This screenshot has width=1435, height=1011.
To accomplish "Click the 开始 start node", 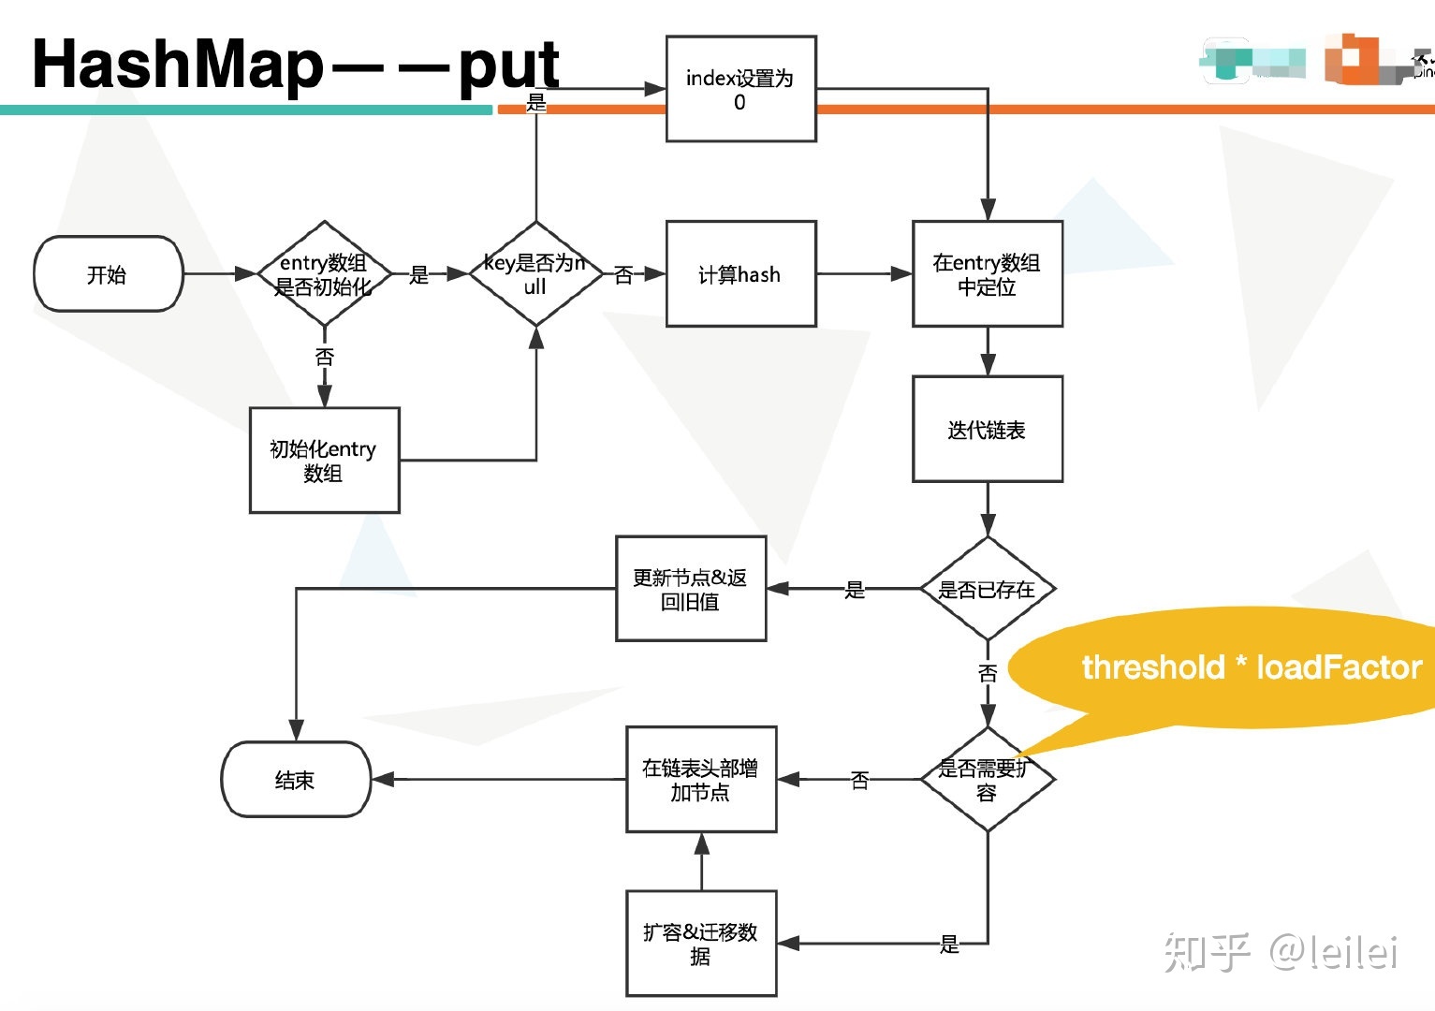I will click(x=108, y=274).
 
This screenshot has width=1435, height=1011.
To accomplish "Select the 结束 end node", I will click(x=296, y=780).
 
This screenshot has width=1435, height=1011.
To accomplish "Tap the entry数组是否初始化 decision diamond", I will click(x=324, y=274).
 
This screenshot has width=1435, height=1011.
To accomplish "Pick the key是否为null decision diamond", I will click(x=535, y=274).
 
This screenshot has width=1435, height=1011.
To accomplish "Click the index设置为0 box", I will click(x=740, y=89).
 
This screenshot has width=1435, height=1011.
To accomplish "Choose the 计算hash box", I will click(x=740, y=274).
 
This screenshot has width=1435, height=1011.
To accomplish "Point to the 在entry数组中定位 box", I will click(x=988, y=274).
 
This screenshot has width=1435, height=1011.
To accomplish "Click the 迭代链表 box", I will click(x=988, y=430).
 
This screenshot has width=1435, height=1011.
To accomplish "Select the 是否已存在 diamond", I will click(x=988, y=589).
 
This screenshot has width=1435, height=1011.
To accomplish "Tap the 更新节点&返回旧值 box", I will click(x=691, y=589).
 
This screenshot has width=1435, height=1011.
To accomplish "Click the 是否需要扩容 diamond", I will click(x=988, y=780).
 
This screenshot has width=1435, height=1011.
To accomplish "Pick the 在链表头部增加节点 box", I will click(x=701, y=780).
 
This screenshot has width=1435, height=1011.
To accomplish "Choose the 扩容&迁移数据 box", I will click(x=701, y=944).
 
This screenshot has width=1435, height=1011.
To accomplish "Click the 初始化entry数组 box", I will click(x=324, y=461).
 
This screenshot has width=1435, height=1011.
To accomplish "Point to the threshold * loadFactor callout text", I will click(x=1252, y=667).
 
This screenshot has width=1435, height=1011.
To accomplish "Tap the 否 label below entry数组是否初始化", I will click(x=325, y=357).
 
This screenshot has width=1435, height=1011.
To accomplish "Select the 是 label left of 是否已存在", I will click(x=855, y=590).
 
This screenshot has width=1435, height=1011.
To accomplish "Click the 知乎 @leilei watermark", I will click(x=1281, y=952).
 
